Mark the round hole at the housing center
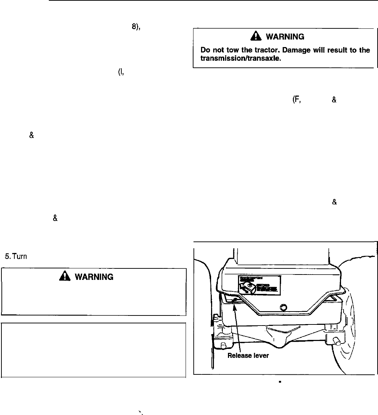[284, 307]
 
